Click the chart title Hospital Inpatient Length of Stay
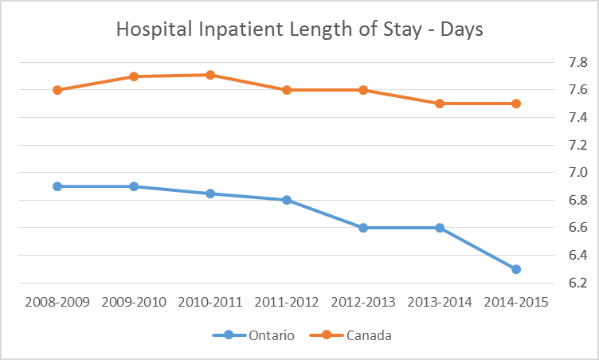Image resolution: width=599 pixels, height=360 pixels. click(x=299, y=29)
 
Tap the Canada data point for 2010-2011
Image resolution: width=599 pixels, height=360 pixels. click(x=209, y=75)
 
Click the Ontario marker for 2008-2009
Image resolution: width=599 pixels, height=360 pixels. click(x=57, y=186)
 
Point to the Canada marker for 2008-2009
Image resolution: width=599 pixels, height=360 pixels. click(x=57, y=90)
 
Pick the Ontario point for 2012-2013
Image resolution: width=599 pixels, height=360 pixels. click(x=362, y=228)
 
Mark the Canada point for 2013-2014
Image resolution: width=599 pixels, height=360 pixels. click(x=439, y=104)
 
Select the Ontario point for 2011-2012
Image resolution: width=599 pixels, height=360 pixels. click(x=286, y=200)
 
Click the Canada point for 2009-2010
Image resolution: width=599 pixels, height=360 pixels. click(x=134, y=76)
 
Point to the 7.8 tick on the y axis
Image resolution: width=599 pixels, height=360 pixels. click(x=555, y=62)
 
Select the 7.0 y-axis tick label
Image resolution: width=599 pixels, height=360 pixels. click(x=555, y=173)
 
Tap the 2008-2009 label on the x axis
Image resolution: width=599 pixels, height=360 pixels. click(x=57, y=303)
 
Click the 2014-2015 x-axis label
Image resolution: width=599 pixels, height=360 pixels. click(x=515, y=303)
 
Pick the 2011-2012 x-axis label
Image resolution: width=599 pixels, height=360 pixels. click(x=286, y=303)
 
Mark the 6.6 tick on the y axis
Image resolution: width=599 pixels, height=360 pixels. click(x=555, y=228)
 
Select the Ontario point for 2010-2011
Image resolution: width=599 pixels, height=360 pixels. click(x=209, y=194)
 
